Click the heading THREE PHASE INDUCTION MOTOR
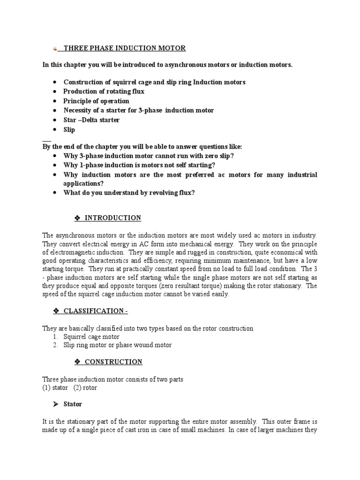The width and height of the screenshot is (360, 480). [124, 48]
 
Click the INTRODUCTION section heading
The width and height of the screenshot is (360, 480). [112, 218]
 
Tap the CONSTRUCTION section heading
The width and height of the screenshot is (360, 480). [113, 362]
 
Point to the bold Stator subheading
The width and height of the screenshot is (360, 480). [73, 404]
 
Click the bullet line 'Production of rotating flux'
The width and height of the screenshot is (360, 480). [104, 91]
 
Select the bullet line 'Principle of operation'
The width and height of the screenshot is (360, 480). [96, 101]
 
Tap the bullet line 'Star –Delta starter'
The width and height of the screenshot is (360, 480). [91, 120]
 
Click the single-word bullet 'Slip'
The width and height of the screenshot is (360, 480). [69, 129]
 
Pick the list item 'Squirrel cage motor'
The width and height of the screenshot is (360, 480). [91, 337]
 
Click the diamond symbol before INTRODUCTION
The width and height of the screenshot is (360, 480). [78, 218]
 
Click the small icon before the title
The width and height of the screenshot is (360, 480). [55, 49]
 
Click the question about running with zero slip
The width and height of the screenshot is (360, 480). [148, 155]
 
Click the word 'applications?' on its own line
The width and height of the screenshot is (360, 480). [83, 183]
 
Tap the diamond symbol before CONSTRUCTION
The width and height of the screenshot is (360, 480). [78, 362]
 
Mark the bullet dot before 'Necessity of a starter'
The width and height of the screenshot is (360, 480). [55, 111]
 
